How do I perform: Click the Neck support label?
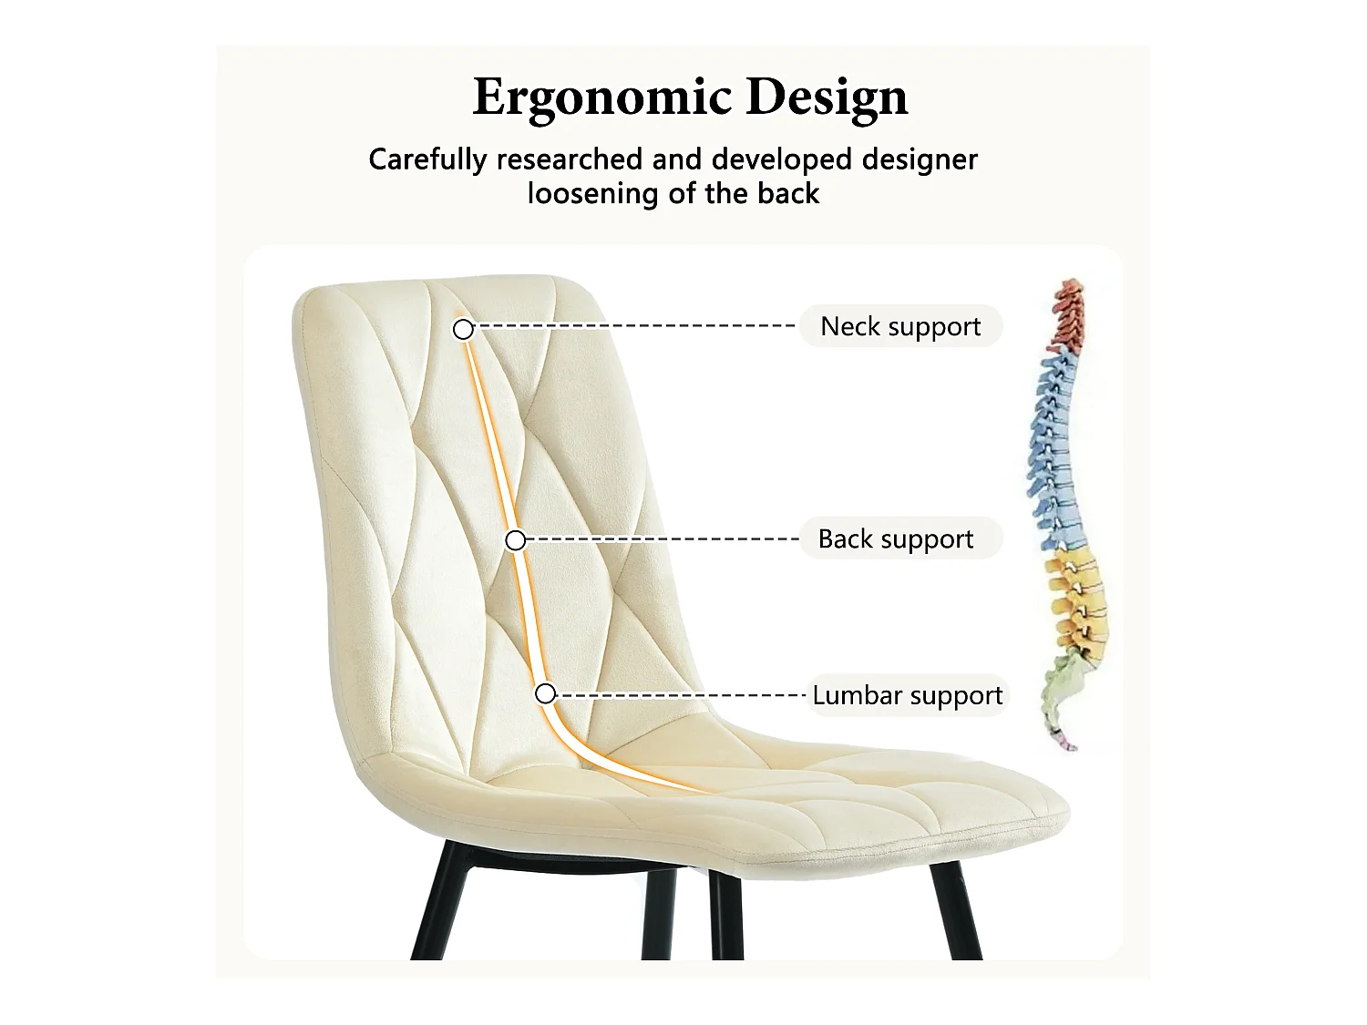point(900,326)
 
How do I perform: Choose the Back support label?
point(896,538)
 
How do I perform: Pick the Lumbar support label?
point(907,695)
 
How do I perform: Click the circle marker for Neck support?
point(463,329)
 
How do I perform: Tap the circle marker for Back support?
point(515,540)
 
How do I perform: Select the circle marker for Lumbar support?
point(545,693)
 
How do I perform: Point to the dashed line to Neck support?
point(638,325)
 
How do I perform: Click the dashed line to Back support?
point(665,539)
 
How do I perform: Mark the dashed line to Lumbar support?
point(683,695)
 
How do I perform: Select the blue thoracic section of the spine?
point(1055,437)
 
